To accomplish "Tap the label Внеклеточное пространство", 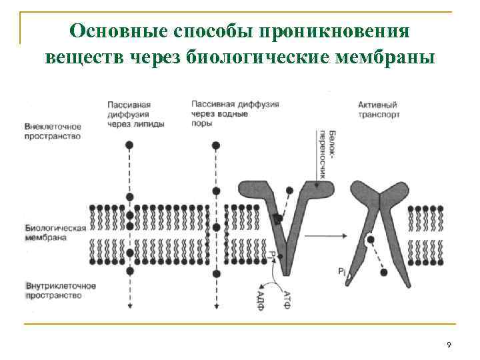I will (x=52, y=131).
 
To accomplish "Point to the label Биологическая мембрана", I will (x=55, y=232).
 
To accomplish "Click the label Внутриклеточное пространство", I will (x=60, y=290).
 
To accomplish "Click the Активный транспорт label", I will (x=378, y=109).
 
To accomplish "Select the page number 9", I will (x=449, y=345).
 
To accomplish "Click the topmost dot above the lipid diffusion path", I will (x=130, y=145).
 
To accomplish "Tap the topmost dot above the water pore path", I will (x=215, y=145).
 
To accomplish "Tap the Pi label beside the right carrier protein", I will (x=341, y=271).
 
